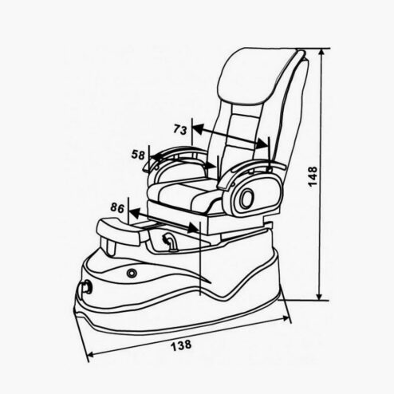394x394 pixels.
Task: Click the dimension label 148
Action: click(x=313, y=176)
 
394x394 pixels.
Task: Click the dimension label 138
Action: click(x=181, y=345)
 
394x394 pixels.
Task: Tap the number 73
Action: click(x=180, y=129)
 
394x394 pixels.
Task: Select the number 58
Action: click(x=138, y=155)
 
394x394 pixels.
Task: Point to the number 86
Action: click(x=117, y=207)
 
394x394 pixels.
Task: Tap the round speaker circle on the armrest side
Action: click(x=247, y=198)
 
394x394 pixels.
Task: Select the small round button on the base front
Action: click(x=132, y=273)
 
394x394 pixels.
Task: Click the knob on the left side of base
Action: click(x=87, y=287)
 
